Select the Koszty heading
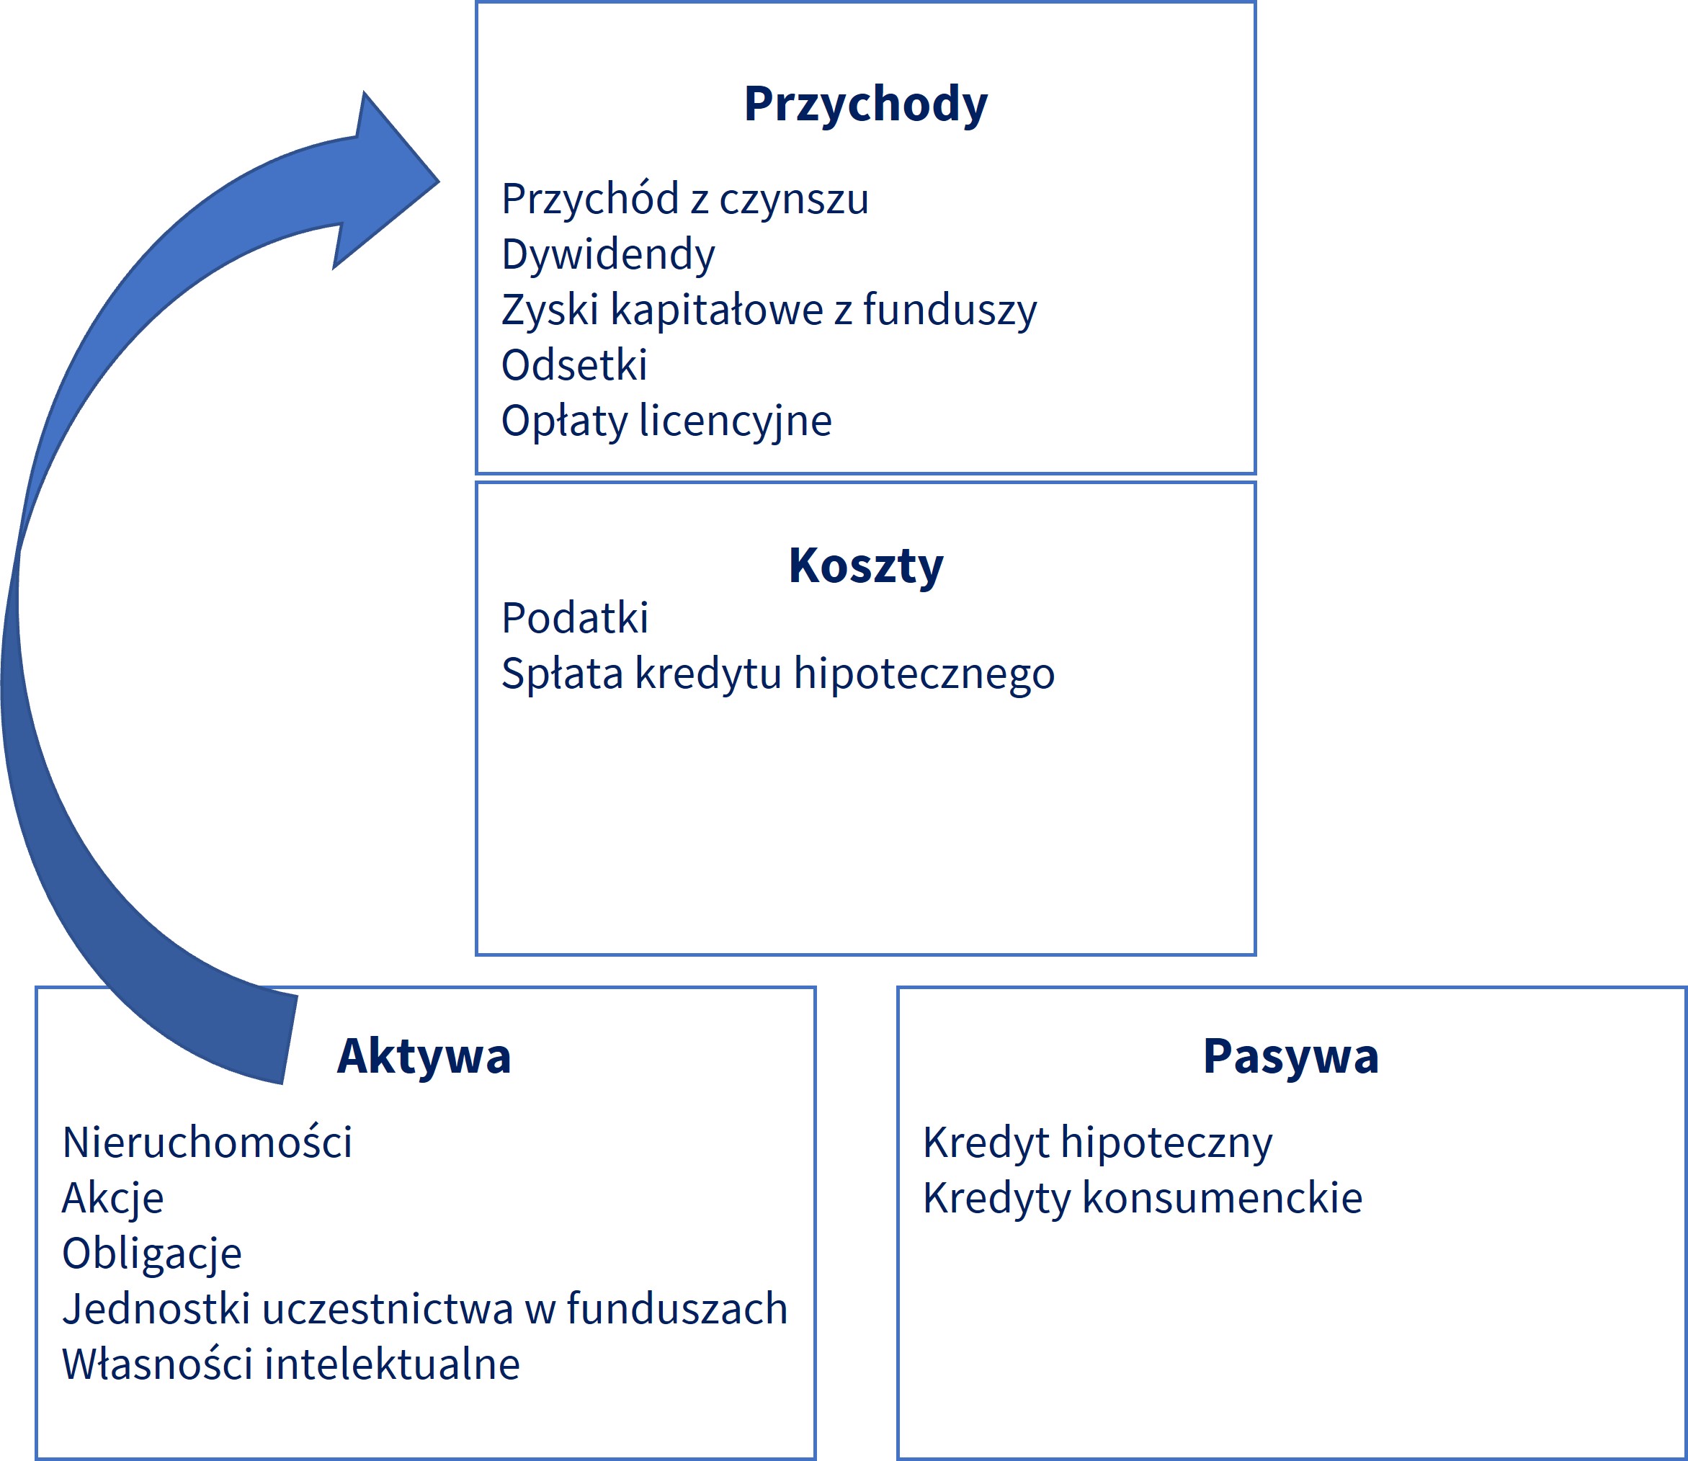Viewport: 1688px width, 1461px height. pyautogui.click(x=865, y=566)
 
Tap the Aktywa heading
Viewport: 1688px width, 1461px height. pyautogui.click(x=424, y=1057)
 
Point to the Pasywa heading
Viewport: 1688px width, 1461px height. pyautogui.click(x=1291, y=1057)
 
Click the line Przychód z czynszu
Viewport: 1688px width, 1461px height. pyautogui.click(x=685, y=200)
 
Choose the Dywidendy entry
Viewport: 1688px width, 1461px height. pyautogui.click(x=608, y=254)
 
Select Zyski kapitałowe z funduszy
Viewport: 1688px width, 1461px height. pyautogui.click(x=769, y=310)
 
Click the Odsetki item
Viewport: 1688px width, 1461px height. pyautogui.click(x=574, y=365)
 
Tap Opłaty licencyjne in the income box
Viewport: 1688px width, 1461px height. pyautogui.click(x=666, y=421)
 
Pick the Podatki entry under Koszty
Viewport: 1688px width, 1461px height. pyautogui.click(x=575, y=618)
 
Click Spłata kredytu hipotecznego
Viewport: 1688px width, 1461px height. pyautogui.click(x=778, y=674)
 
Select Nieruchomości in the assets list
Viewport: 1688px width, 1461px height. pyautogui.click(x=207, y=1143)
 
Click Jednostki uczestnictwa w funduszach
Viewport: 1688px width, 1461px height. pyautogui.click(x=425, y=1308)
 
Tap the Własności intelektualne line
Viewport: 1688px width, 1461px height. pyautogui.click(x=291, y=1364)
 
